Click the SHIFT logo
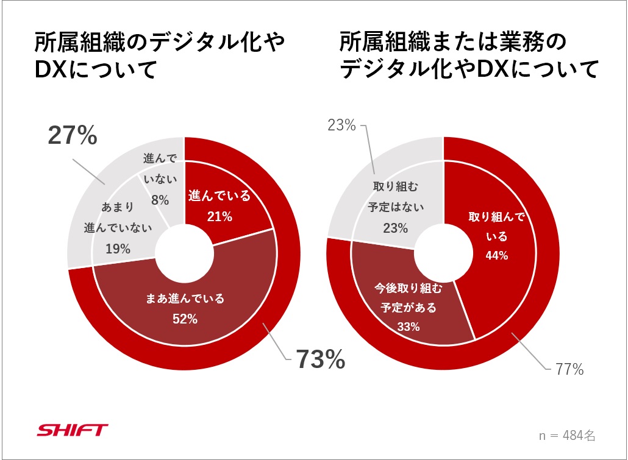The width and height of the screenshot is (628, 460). pyautogui.click(x=73, y=430)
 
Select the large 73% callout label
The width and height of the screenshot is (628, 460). pyautogui.click(x=321, y=360)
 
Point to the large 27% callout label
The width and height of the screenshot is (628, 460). pyautogui.click(x=72, y=136)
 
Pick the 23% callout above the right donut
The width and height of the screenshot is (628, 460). pyautogui.click(x=341, y=126)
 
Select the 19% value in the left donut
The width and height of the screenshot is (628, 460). pyautogui.click(x=118, y=249)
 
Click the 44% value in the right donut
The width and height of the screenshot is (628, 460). pyautogui.click(x=496, y=255)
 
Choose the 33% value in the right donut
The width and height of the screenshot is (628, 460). pyautogui.click(x=408, y=327)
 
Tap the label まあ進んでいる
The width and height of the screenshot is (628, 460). pyautogui.click(x=185, y=299)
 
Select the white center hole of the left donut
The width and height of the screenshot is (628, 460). pyautogui.click(x=184, y=255)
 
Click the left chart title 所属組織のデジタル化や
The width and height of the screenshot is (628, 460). pyautogui.click(x=160, y=44)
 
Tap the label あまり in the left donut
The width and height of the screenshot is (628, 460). pyautogui.click(x=118, y=208)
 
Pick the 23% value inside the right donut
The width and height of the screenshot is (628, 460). pyautogui.click(x=396, y=228)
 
